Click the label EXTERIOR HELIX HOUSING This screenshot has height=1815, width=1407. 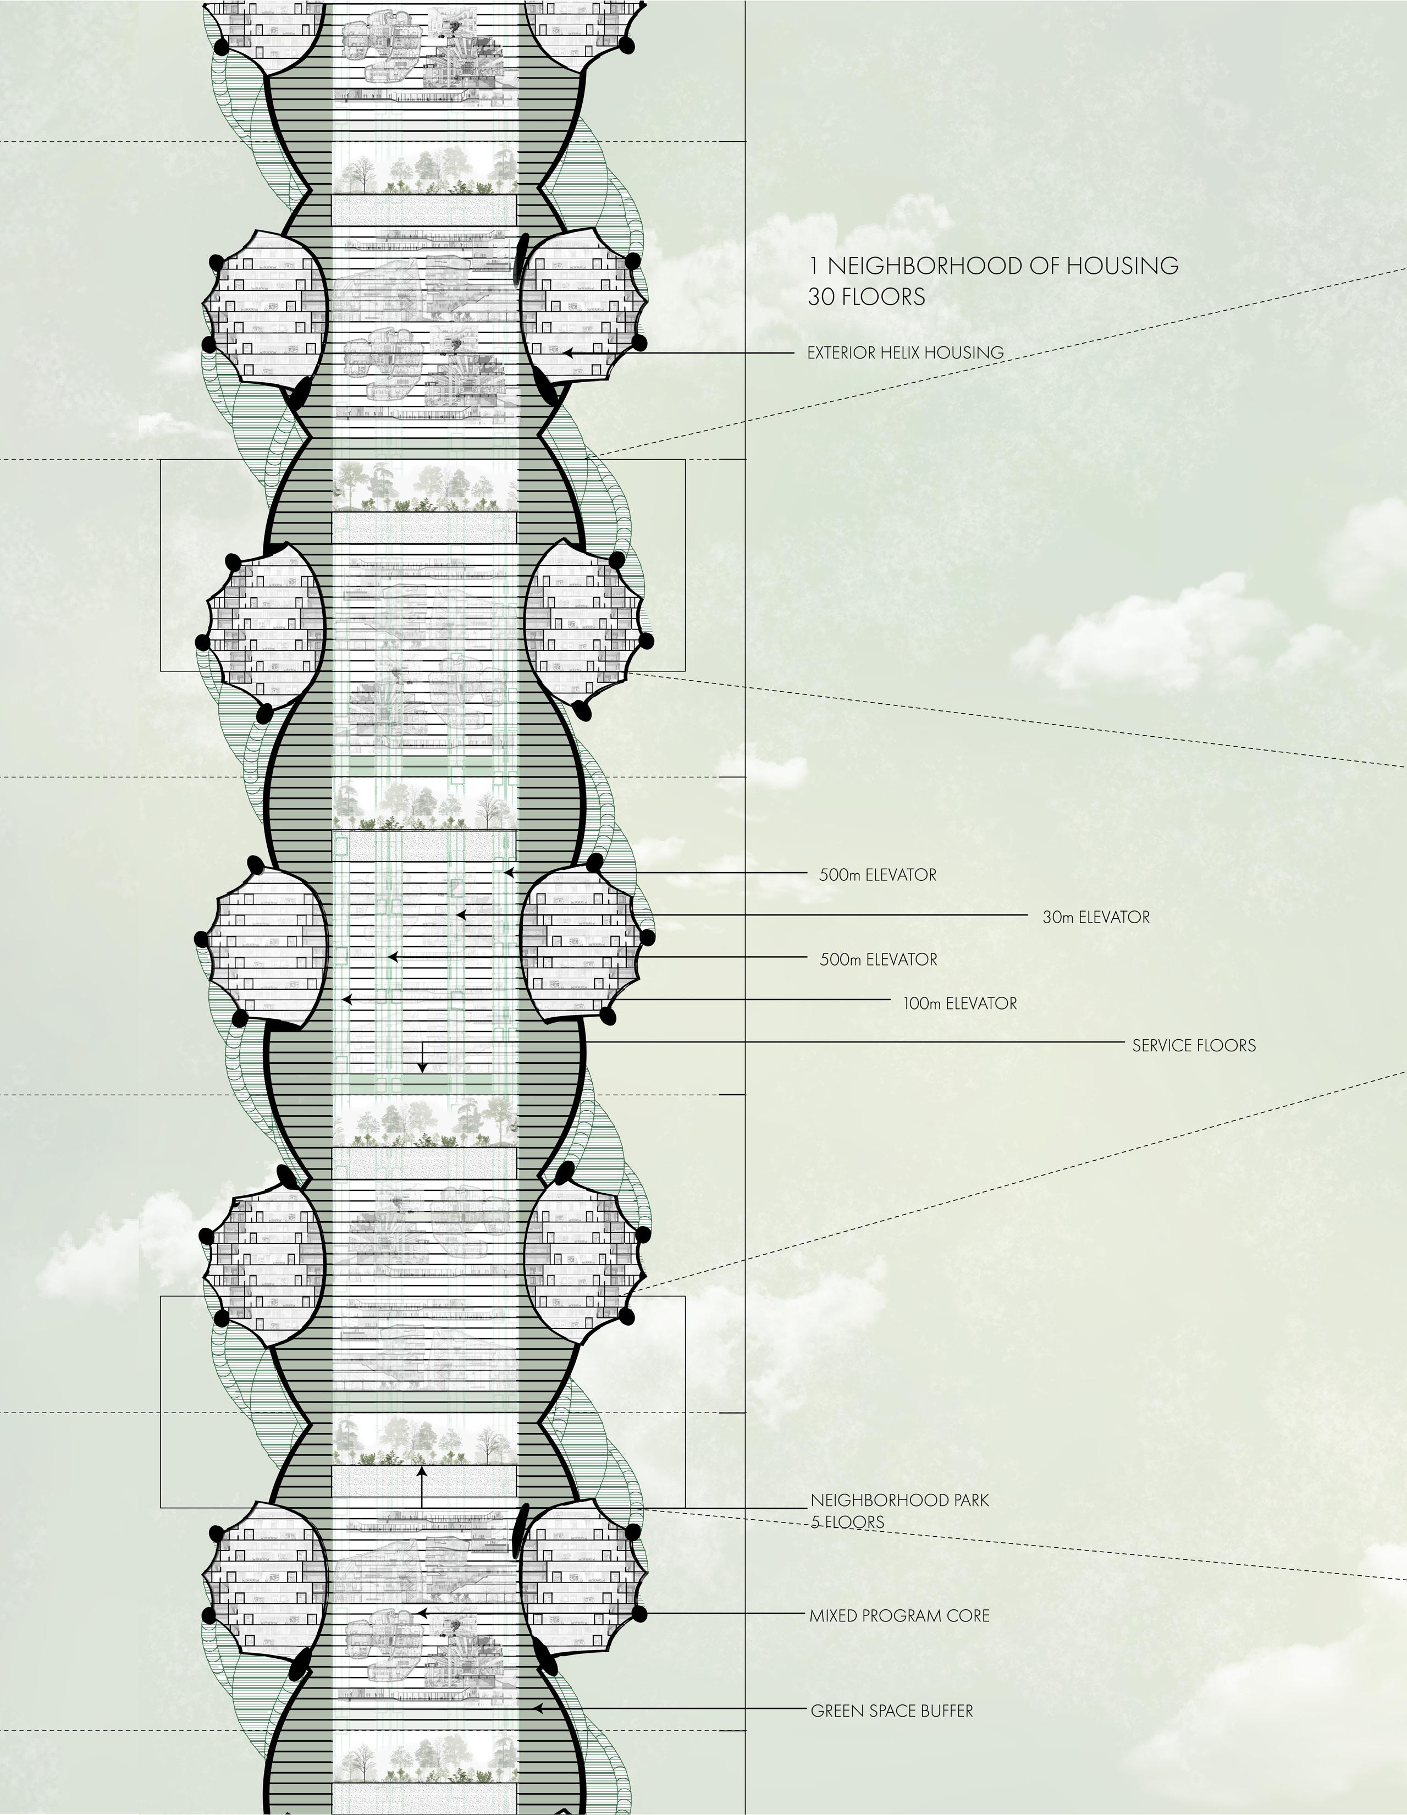coord(905,352)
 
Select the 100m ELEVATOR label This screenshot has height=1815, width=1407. coord(960,1004)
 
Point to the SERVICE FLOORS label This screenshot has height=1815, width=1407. coord(1194,1045)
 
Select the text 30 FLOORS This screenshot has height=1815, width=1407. coord(866,297)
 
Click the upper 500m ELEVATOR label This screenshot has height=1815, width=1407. coord(878,875)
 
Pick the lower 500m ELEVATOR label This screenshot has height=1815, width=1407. coord(879,960)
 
